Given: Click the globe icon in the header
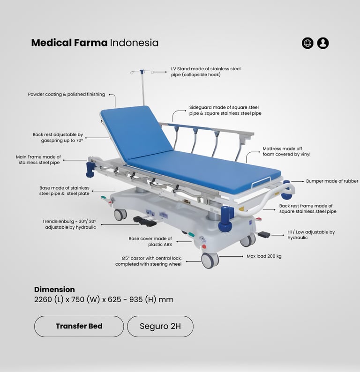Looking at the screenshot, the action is [x=307, y=43].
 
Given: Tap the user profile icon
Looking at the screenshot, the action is [x=323, y=43].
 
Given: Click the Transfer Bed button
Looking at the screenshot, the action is [x=79, y=326].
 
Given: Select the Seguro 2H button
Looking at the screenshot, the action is [x=160, y=326].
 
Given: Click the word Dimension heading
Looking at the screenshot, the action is [x=54, y=290].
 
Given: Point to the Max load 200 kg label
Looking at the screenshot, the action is [x=264, y=256].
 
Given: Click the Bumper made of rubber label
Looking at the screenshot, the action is [x=332, y=181].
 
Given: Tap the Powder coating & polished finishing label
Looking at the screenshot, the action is [x=67, y=94].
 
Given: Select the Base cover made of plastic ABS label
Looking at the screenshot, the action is [x=150, y=241].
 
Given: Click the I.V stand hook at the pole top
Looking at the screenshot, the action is [x=142, y=72].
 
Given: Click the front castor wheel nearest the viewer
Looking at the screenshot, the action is [x=210, y=260].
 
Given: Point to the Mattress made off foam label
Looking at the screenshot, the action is [x=286, y=151].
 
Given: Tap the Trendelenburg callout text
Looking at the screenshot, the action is [x=69, y=224].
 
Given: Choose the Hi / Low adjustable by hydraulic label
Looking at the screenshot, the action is [x=311, y=235].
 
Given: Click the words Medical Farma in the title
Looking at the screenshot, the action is [x=69, y=43].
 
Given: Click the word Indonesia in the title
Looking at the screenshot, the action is [x=134, y=43].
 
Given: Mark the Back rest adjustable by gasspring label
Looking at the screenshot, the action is [x=58, y=137].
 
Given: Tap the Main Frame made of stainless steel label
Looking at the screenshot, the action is [x=38, y=160].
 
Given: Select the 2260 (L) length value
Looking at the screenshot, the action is [x=49, y=299].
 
